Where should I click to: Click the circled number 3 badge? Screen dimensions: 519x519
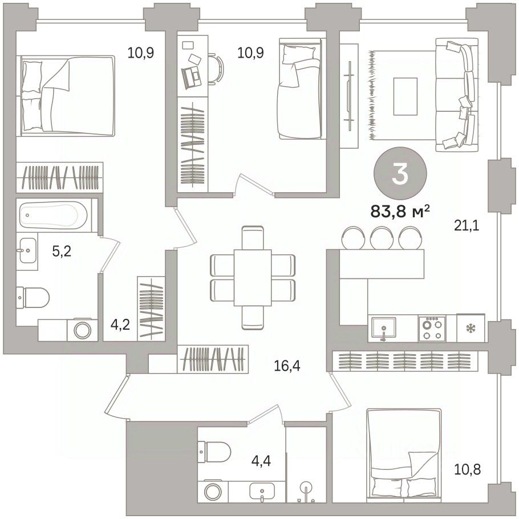pyautogui.click(x=400, y=174)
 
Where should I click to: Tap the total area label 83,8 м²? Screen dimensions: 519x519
pyautogui.click(x=400, y=212)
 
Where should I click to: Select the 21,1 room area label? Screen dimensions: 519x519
pyautogui.click(x=467, y=226)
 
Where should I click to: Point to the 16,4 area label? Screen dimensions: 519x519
pyautogui.click(x=287, y=366)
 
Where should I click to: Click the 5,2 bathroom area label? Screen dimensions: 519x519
pyautogui.click(x=62, y=252)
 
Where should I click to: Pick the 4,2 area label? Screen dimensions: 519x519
pyautogui.click(x=120, y=325)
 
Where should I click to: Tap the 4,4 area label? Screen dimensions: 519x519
pyautogui.click(x=261, y=460)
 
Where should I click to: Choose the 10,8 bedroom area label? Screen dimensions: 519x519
pyautogui.click(x=467, y=469)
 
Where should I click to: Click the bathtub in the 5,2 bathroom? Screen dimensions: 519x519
pyautogui.click(x=53, y=215)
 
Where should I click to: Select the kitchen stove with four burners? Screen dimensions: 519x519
pyautogui.click(x=432, y=328)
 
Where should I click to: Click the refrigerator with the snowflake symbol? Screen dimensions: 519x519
pyautogui.click(x=471, y=328)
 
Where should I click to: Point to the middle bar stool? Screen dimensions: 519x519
pyautogui.click(x=382, y=237)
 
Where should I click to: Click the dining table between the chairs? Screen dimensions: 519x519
pyautogui.click(x=253, y=278)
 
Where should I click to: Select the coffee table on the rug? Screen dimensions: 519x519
pyautogui.click(x=405, y=96)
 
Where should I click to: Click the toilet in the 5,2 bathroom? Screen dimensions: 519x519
pyautogui.click(x=33, y=297)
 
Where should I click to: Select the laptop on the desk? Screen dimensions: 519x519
pyautogui.click(x=191, y=76)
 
